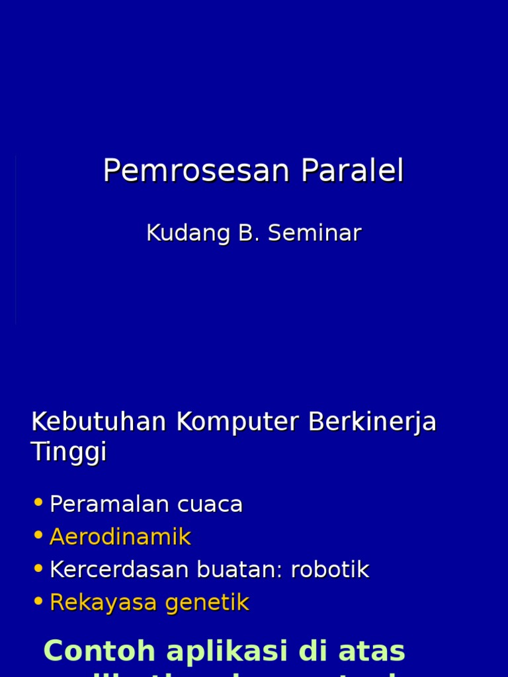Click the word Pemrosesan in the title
196,171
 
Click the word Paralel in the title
352,171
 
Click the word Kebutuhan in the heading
100,422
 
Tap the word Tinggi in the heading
69,453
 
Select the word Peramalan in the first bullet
99,504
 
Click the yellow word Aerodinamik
120,537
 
